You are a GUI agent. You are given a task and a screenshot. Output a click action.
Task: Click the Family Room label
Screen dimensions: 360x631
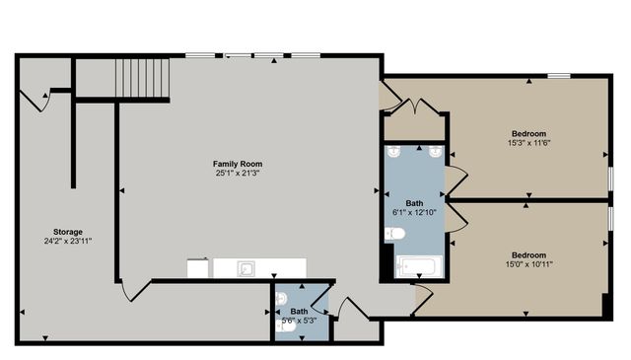point(238,164)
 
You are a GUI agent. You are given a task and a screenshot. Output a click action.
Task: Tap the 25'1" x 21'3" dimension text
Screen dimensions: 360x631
point(238,173)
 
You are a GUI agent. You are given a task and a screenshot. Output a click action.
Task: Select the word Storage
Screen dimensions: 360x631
point(68,232)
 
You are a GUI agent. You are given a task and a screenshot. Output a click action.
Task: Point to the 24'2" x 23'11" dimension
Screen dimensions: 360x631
point(68,241)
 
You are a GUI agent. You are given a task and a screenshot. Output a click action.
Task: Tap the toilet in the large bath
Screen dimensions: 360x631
point(394,234)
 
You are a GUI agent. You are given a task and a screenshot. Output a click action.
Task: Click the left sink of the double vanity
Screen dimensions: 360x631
point(395,153)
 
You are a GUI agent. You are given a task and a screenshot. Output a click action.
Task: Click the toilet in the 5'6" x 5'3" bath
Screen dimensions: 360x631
point(285,329)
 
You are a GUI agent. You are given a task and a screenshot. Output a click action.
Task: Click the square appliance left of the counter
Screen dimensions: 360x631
point(197,268)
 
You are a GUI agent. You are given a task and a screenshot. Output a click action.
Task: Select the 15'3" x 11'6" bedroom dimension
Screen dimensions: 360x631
point(528,143)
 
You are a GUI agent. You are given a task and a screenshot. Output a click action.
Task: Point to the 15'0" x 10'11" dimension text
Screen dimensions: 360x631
point(528,264)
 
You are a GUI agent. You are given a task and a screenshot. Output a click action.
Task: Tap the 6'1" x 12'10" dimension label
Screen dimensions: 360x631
point(414,212)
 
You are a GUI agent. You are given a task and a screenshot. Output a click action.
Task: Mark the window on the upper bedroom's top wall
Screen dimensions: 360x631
point(559,76)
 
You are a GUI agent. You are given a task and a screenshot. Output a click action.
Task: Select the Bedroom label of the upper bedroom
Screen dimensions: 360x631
point(528,134)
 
